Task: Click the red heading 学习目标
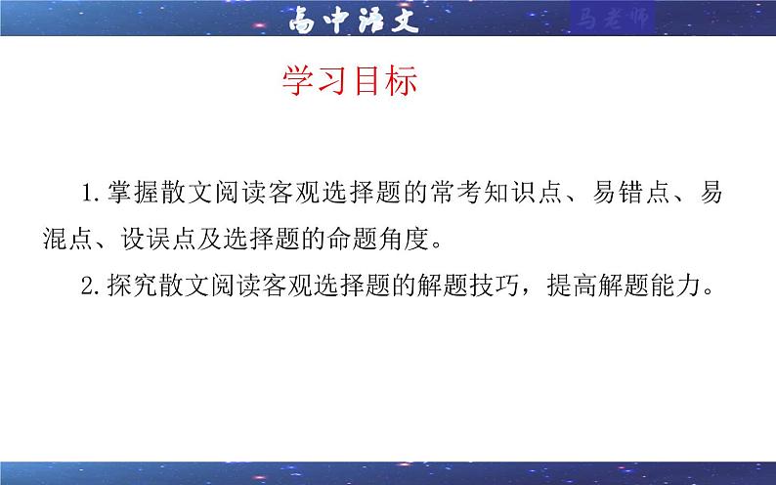pos(350,82)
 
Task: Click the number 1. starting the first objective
pos(96,193)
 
